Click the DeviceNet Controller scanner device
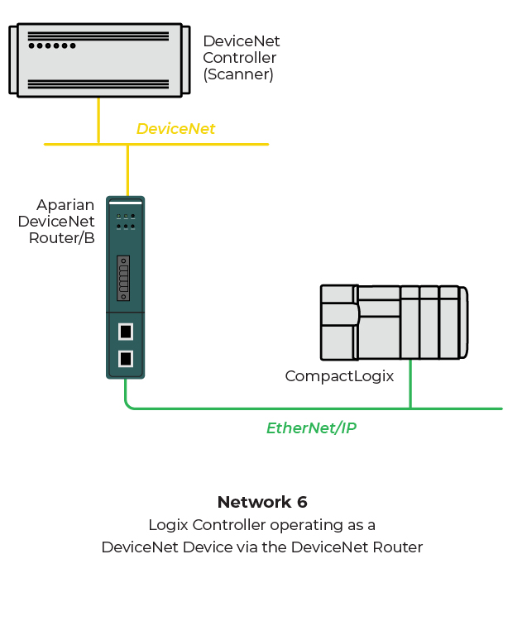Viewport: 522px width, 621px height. [98, 60]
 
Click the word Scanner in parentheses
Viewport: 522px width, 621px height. [238, 74]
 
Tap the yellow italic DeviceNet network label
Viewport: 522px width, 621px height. [175, 129]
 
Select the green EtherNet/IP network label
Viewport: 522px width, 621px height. [311, 428]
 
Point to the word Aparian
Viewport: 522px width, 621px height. [65, 205]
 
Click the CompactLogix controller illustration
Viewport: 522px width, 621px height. [394, 322]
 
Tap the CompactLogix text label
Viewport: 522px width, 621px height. [339, 376]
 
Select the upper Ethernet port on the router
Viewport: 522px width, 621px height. [125, 332]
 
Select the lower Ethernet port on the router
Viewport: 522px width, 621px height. [125, 359]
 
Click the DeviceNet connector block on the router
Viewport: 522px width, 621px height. [124, 278]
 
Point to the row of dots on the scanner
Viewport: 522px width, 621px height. [52, 45]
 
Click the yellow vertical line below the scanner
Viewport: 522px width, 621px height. [98, 120]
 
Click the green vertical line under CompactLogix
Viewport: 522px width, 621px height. [410, 384]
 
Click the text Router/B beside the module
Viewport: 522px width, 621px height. [66, 238]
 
